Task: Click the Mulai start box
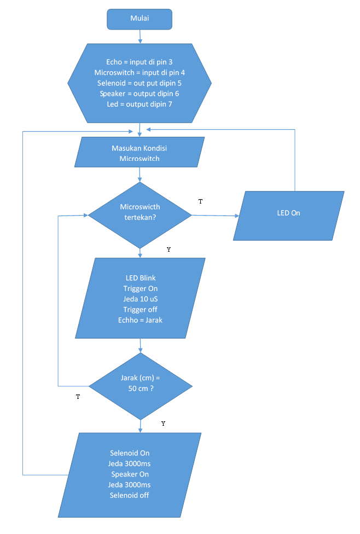pos(140,19)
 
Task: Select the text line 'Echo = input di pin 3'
pos(139,62)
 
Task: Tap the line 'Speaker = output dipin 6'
pos(139,94)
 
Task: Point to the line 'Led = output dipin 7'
pos(139,104)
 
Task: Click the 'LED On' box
pos(288,212)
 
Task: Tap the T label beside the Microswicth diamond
pos(200,202)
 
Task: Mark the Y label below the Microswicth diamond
pos(169,249)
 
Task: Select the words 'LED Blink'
pos(141,278)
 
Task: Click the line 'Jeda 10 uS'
pos(141,299)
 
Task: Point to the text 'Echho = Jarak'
pos(141,320)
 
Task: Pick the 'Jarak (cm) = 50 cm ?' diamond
pos(140,383)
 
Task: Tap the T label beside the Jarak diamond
pos(78,397)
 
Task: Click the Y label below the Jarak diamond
pos(164,424)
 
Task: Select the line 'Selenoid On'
pos(130,453)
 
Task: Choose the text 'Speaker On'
pos(130,474)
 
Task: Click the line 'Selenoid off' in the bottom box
pos(130,496)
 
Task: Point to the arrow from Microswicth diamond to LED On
pos(215,216)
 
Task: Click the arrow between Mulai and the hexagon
pos(140,36)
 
